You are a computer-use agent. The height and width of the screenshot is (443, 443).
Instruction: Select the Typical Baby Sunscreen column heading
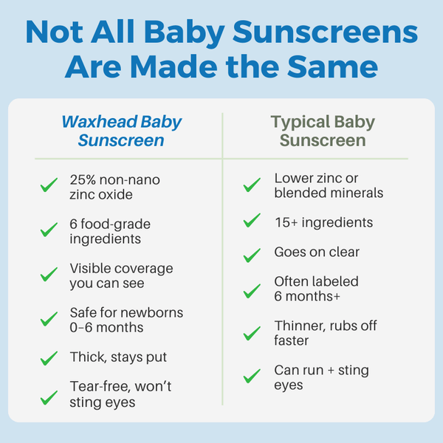[x=322, y=131]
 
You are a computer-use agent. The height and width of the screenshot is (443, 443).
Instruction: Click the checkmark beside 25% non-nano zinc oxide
[x=49, y=185]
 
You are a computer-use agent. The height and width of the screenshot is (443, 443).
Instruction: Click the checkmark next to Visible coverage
[x=49, y=275]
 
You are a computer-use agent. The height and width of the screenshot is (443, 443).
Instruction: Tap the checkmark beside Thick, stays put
[x=49, y=358]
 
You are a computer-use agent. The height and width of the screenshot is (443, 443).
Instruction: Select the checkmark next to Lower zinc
[x=252, y=185]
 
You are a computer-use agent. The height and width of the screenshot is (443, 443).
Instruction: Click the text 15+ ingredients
[x=323, y=222]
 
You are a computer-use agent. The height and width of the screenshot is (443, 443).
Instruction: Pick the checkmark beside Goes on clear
[x=252, y=255]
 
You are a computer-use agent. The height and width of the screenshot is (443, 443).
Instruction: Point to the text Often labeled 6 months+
[x=316, y=289]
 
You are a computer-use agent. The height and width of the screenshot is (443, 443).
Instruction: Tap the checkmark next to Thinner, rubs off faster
[x=252, y=333]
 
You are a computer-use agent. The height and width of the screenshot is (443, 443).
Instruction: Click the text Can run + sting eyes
[x=321, y=377]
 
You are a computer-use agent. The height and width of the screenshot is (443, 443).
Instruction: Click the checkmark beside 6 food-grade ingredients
[x=49, y=230]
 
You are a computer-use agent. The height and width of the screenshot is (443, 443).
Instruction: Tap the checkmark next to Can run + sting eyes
[x=252, y=377]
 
